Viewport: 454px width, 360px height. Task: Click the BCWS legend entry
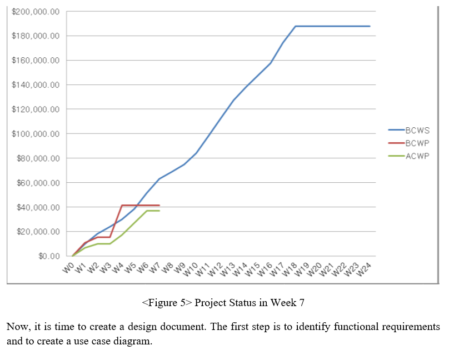pyautogui.click(x=417, y=131)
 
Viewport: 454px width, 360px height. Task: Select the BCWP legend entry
pyautogui.click(x=417, y=143)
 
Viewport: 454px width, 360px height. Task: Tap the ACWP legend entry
pyautogui.click(x=417, y=156)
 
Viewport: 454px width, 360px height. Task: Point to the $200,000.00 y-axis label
pyautogui.click(x=36, y=12)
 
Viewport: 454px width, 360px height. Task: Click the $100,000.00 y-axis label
pyautogui.click(x=36, y=134)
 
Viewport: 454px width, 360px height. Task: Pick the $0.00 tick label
pyautogui.click(x=49, y=256)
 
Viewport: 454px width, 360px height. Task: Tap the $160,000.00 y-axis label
pyautogui.click(x=36, y=61)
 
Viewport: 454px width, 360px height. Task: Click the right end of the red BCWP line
pyautogui.click(x=159, y=206)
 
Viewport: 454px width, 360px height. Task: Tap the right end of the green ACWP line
pyautogui.click(x=159, y=211)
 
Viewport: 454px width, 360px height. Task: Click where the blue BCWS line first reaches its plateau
pyautogui.click(x=295, y=26)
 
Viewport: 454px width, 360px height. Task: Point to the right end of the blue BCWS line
pyautogui.click(x=370, y=26)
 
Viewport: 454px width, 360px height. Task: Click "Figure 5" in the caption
pyautogui.click(x=167, y=303)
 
